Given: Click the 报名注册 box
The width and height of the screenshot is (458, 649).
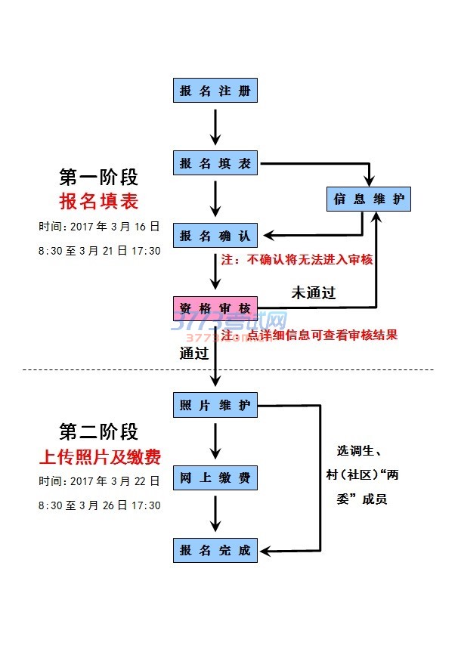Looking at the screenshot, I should coord(215,91).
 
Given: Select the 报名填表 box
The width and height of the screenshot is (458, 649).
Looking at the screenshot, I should coord(215,162).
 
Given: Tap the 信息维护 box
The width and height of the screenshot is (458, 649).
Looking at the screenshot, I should coord(369,199).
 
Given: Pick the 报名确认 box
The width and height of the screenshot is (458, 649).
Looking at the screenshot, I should coord(215,236).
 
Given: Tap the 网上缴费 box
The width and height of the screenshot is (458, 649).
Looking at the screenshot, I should coord(215,478).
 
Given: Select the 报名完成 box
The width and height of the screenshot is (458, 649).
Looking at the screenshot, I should coord(215,550).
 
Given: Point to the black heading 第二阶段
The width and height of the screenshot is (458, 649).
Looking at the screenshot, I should coord(99,432).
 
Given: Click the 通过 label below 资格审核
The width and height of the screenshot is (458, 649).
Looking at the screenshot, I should coord(193,353).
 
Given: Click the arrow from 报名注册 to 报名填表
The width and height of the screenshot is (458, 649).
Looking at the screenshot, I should coord(216,126).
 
